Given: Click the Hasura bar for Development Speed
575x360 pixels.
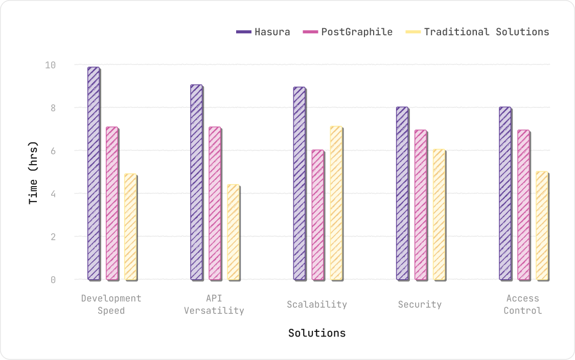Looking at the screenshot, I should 94,173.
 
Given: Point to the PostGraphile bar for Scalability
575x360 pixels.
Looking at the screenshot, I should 317,215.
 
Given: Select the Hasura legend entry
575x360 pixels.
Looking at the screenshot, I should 263,32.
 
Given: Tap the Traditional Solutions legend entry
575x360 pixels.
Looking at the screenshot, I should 477,32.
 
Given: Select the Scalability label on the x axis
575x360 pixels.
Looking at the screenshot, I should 317,304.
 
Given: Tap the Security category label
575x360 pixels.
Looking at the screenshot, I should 420,304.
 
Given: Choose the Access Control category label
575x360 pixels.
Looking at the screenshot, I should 523,304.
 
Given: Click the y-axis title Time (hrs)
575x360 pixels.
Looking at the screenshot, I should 34,172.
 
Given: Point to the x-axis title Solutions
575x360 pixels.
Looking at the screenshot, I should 317,333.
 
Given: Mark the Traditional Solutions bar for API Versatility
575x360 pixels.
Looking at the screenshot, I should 233,232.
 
